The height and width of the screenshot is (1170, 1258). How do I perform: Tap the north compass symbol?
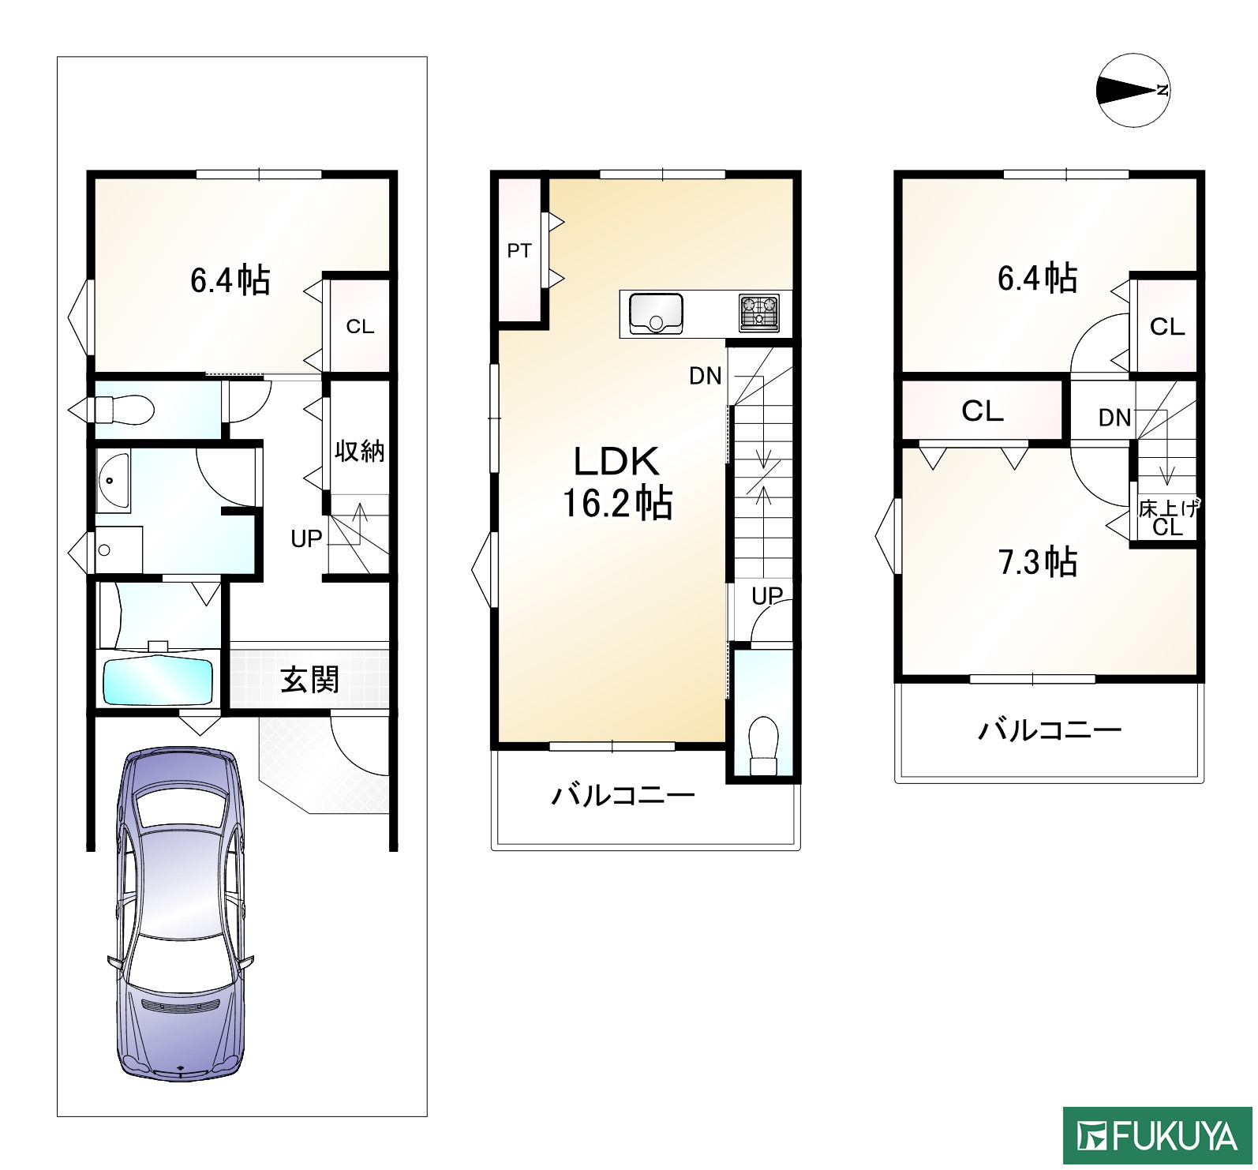pos(1134,90)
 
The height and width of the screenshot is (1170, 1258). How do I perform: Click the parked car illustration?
pos(181,914)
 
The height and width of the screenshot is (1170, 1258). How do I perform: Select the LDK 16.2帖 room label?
pos(616,481)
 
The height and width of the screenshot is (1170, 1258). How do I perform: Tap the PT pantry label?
pos(519,251)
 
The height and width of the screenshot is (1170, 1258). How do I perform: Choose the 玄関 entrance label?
pos(310,679)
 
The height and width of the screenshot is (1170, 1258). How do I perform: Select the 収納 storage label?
pos(359,451)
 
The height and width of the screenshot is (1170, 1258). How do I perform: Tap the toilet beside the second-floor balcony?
pos(762,744)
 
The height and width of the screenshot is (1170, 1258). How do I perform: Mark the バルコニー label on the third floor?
pos(1050,729)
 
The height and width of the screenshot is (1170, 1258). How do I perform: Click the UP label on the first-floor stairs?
pos(306,539)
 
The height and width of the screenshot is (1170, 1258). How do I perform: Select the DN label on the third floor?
pos(1114,418)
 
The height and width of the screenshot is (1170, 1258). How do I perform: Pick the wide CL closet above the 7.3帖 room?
pos(983,411)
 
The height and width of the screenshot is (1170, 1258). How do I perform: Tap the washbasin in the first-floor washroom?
pos(111,482)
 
